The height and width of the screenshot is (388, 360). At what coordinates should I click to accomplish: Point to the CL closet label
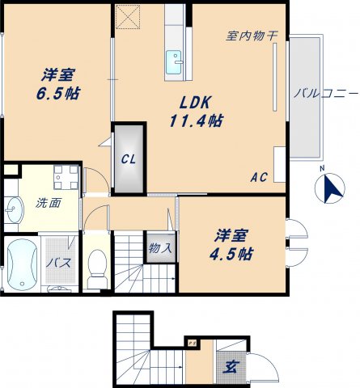[128, 159]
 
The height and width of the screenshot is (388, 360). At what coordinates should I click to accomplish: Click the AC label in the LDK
[259, 177]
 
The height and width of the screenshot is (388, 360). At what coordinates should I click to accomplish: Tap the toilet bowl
[97, 264]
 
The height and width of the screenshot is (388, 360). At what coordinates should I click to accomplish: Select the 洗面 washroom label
[47, 203]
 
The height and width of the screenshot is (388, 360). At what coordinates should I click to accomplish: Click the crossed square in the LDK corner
[127, 17]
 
